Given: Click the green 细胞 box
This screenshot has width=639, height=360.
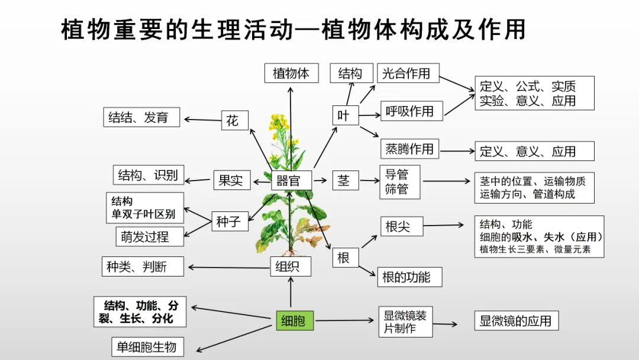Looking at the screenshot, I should point(295,321).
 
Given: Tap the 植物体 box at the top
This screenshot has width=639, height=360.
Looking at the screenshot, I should point(291,73).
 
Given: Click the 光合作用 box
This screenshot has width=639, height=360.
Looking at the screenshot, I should point(408,73).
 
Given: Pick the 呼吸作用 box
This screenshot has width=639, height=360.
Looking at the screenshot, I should point(411,111).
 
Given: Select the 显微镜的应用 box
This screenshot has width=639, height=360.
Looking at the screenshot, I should point(516,321).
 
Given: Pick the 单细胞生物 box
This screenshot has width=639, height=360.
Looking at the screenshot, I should point(147,346).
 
